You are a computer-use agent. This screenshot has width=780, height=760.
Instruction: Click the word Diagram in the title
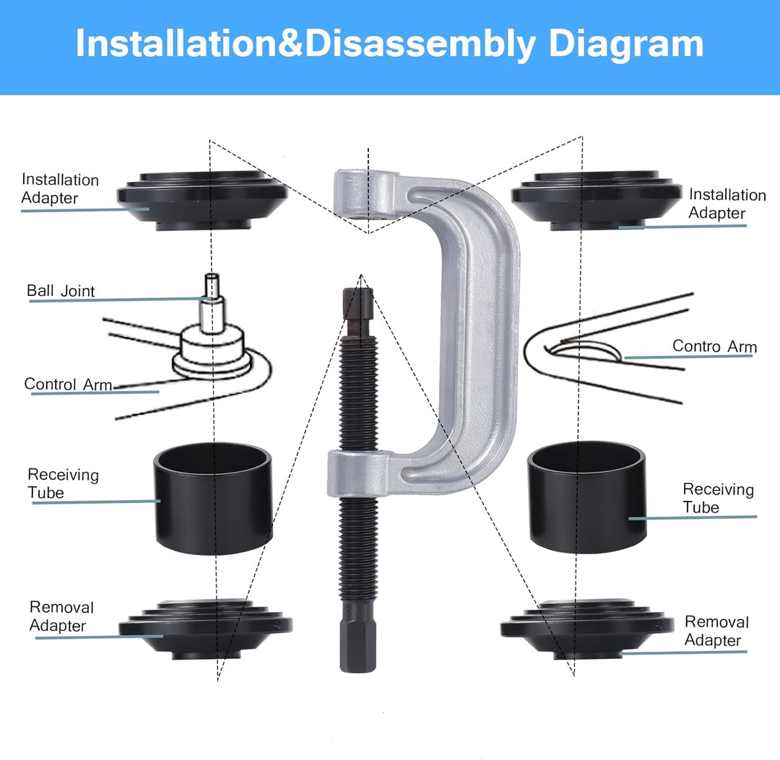point(625,45)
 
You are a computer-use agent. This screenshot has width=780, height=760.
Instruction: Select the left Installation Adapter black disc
point(202,201)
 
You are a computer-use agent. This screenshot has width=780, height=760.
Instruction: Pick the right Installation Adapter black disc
point(597,201)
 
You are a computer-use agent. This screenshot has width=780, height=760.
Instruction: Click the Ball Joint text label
point(61,291)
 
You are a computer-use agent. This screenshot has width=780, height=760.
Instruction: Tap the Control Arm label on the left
point(68,384)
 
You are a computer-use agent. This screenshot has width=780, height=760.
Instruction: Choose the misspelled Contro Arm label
point(714,346)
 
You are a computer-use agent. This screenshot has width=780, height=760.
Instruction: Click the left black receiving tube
point(213,497)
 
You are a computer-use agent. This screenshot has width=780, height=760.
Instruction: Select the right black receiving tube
point(587,497)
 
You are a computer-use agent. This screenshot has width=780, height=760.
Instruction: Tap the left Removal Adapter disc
point(205,629)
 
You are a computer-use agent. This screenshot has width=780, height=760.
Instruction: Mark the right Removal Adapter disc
point(587,629)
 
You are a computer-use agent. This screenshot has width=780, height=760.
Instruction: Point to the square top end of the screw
point(357,304)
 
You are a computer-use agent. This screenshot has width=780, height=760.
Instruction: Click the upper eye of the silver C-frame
point(366,194)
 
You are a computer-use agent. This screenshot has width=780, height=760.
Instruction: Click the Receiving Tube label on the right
point(718,498)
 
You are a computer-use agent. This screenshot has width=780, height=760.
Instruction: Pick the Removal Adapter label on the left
point(61,616)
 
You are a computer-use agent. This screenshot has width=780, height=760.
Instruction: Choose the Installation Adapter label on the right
point(727,204)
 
